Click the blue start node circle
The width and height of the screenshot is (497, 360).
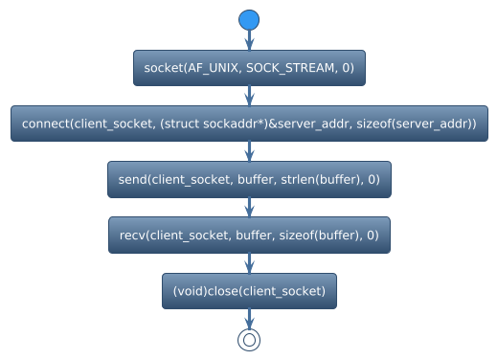249,20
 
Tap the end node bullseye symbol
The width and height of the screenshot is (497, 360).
249,339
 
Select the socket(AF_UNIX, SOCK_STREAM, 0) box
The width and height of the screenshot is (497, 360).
249,68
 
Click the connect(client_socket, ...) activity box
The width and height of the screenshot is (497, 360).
249,124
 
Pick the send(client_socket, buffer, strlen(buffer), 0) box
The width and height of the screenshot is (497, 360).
249,179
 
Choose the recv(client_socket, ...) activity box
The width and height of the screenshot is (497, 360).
249,235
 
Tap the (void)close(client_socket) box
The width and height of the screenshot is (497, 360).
249,290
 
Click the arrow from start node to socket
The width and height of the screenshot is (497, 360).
249,40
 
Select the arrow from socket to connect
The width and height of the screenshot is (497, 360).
249,96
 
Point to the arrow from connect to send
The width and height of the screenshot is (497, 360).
249,151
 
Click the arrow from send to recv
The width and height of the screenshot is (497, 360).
249,207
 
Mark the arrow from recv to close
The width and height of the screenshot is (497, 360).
249,262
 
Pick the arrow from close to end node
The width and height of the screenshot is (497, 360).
249,318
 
